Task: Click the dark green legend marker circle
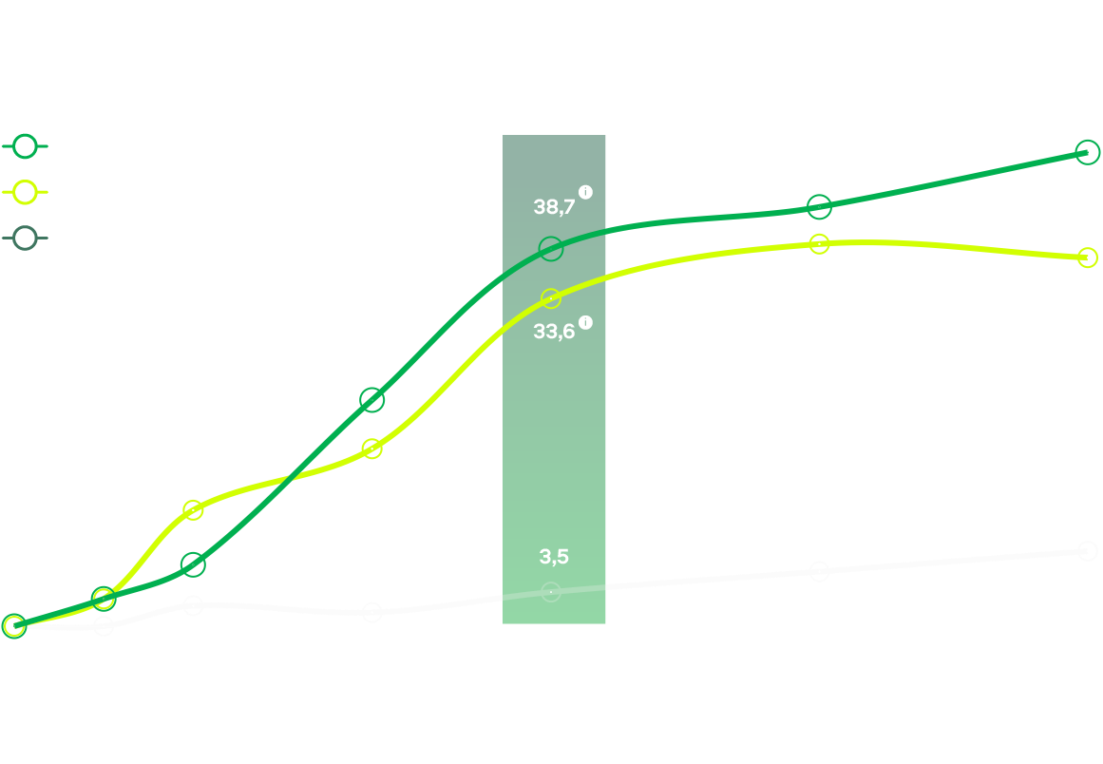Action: click(25, 146)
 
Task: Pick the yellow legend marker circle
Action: click(25, 192)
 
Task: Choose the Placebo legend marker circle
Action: click(25, 238)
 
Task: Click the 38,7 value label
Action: click(554, 206)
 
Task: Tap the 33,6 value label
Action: click(554, 332)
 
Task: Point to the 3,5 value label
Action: click(553, 557)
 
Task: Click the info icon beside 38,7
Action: click(585, 192)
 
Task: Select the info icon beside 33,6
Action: click(585, 322)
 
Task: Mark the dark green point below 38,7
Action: click(551, 249)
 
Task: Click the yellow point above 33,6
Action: click(551, 299)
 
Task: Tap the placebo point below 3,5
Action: click(551, 592)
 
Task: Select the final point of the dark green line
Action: click(1089, 152)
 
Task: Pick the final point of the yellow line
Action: click(1089, 258)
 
